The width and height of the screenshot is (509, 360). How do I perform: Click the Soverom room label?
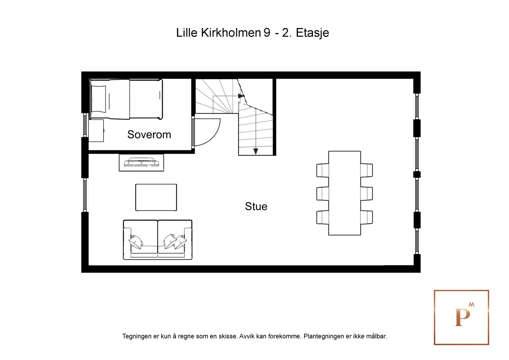149,135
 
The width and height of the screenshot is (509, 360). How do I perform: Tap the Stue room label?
256,206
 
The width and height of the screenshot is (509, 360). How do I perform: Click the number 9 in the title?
267,32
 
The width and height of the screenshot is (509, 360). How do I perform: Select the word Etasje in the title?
312,32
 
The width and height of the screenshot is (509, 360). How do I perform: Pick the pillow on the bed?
98,99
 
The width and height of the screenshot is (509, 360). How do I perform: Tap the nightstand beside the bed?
96,131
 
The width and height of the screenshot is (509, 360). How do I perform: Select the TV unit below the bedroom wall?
141,163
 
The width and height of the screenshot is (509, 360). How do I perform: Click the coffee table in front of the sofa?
156,197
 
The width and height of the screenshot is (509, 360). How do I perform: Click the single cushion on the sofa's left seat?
136,242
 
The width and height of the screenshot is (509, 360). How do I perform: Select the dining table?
344,193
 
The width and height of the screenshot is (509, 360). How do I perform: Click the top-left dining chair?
322,170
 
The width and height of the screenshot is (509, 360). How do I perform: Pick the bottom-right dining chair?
367,217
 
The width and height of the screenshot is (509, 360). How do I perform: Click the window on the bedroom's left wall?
85,125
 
